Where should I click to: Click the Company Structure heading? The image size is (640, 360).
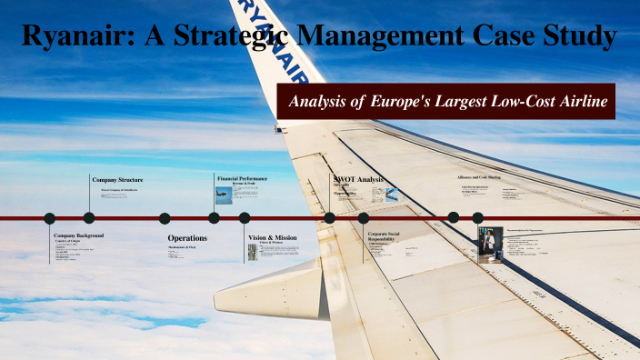117,180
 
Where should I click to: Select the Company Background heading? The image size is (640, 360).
78,235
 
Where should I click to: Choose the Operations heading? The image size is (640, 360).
187,238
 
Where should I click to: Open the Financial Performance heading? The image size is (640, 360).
242,178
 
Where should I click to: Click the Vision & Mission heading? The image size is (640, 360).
272,237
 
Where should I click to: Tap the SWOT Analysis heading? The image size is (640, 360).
359,179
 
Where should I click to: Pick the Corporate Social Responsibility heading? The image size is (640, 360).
390,237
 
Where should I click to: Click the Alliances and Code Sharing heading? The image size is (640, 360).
480,177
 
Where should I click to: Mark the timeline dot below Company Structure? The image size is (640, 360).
89,218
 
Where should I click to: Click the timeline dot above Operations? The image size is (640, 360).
165,218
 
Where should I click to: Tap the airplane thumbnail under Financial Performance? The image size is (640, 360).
224,195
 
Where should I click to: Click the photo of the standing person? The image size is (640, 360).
485,243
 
